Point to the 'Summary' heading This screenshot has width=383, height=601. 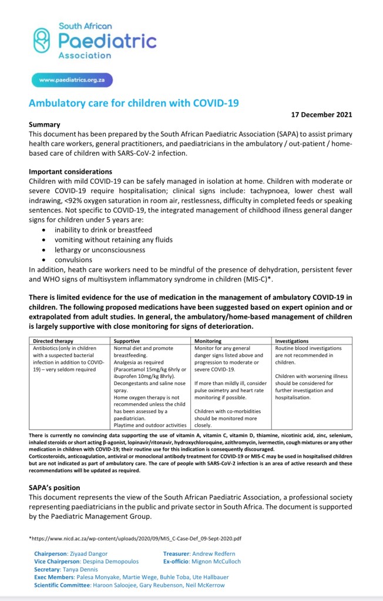[45, 124]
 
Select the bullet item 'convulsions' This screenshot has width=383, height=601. [73, 259]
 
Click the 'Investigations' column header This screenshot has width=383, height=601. [293, 340]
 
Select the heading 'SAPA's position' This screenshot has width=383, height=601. [55, 488]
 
